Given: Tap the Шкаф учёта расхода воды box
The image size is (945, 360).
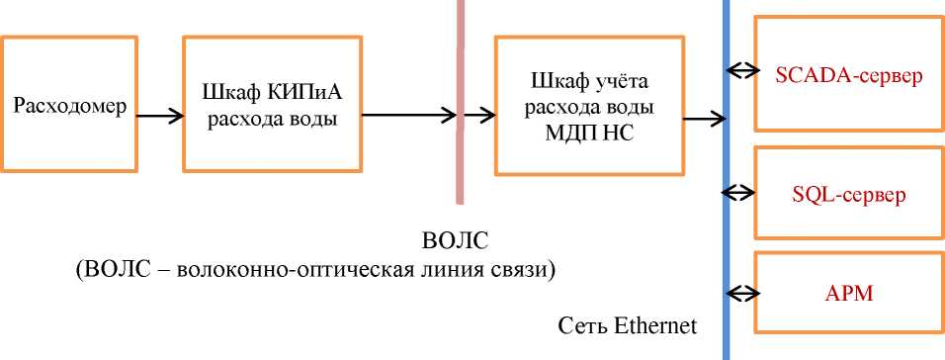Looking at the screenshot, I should click(x=588, y=106).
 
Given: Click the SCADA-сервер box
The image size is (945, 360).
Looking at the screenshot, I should click(x=848, y=74).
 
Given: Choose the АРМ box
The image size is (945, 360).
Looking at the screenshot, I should click(x=848, y=294).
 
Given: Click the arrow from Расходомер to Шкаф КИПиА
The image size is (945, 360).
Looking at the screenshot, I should click(x=158, y=116).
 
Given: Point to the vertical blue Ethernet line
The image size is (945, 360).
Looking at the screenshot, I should click(x=727, y=227).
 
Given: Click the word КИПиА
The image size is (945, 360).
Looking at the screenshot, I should click(x=303, y=94).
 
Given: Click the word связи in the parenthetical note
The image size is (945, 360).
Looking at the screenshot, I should click(x=521, y=269).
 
